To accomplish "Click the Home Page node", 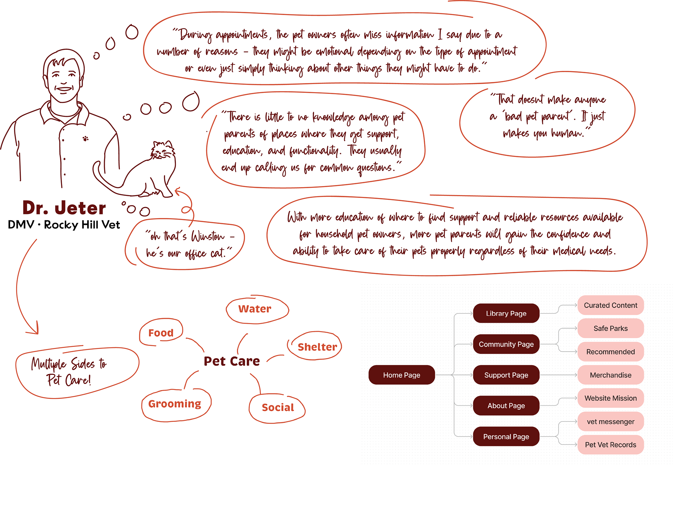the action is tap(401, 375).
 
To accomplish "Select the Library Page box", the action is tap(506, 313).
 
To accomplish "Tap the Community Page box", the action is tap(506, 344).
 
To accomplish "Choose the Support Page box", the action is tap(506, 375).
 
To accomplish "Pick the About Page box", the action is tap(506, 406).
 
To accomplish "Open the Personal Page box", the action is tap(506, 437).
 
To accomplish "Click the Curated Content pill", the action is tap(610, 305).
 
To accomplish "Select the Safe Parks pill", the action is tap(610, 328).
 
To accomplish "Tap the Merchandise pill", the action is tap(610, 375).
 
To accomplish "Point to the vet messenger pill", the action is tap(610, 422).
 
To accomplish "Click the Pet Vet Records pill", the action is tap(610, 445).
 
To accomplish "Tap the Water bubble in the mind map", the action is tap(255, 309).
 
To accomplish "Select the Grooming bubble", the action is tap(175, 404).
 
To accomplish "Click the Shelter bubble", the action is tap(317, 347).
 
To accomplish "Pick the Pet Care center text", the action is tap(232, 361).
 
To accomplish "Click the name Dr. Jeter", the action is tap(64, 208).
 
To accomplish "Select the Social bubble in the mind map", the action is tap(278, 407).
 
